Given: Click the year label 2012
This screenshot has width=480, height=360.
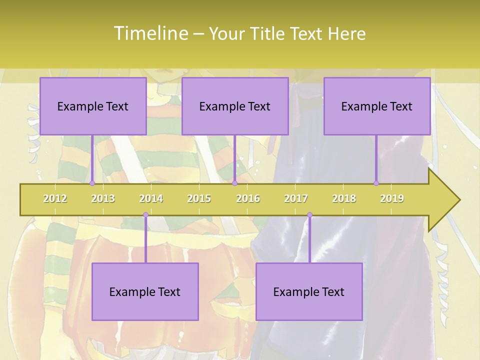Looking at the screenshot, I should [x=55, y=198].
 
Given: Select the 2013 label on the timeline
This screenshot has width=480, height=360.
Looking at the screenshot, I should [x=103, y=198].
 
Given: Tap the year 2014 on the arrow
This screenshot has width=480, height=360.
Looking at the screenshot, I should [x=151, y=198].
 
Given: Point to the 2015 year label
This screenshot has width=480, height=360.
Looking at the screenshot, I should [x=199, y=198].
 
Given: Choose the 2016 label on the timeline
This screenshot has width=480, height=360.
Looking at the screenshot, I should [x=248, y=198].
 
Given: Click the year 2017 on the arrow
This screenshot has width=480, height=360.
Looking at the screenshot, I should [x=296, y=198].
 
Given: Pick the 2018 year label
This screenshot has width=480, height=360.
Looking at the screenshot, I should [x=344, y=198].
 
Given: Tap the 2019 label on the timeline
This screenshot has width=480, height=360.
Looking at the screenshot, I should [x=392, y=198].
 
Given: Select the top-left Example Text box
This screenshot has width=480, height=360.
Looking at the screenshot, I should [x=93, y=106].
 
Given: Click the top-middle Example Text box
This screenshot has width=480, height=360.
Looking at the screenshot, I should [x=235, y=106].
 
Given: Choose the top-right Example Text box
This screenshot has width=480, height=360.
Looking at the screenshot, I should [x=377, y=106].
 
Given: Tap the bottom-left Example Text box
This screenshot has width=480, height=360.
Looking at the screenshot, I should [x=145, y=291].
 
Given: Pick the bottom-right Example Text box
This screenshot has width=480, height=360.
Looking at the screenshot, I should [x=309, y=291].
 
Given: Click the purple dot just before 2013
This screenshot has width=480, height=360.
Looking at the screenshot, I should [x=92, y=183].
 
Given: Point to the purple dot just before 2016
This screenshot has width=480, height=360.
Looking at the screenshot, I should [x=234, y=183].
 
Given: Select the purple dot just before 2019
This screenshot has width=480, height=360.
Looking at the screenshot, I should [x=376, y=183].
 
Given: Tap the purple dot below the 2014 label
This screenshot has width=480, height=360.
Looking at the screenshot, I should [x=145, y=215].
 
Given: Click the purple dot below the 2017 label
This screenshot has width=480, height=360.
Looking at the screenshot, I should [x=309, y=215].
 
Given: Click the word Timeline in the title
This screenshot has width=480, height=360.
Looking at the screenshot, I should [x=150, y=33].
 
